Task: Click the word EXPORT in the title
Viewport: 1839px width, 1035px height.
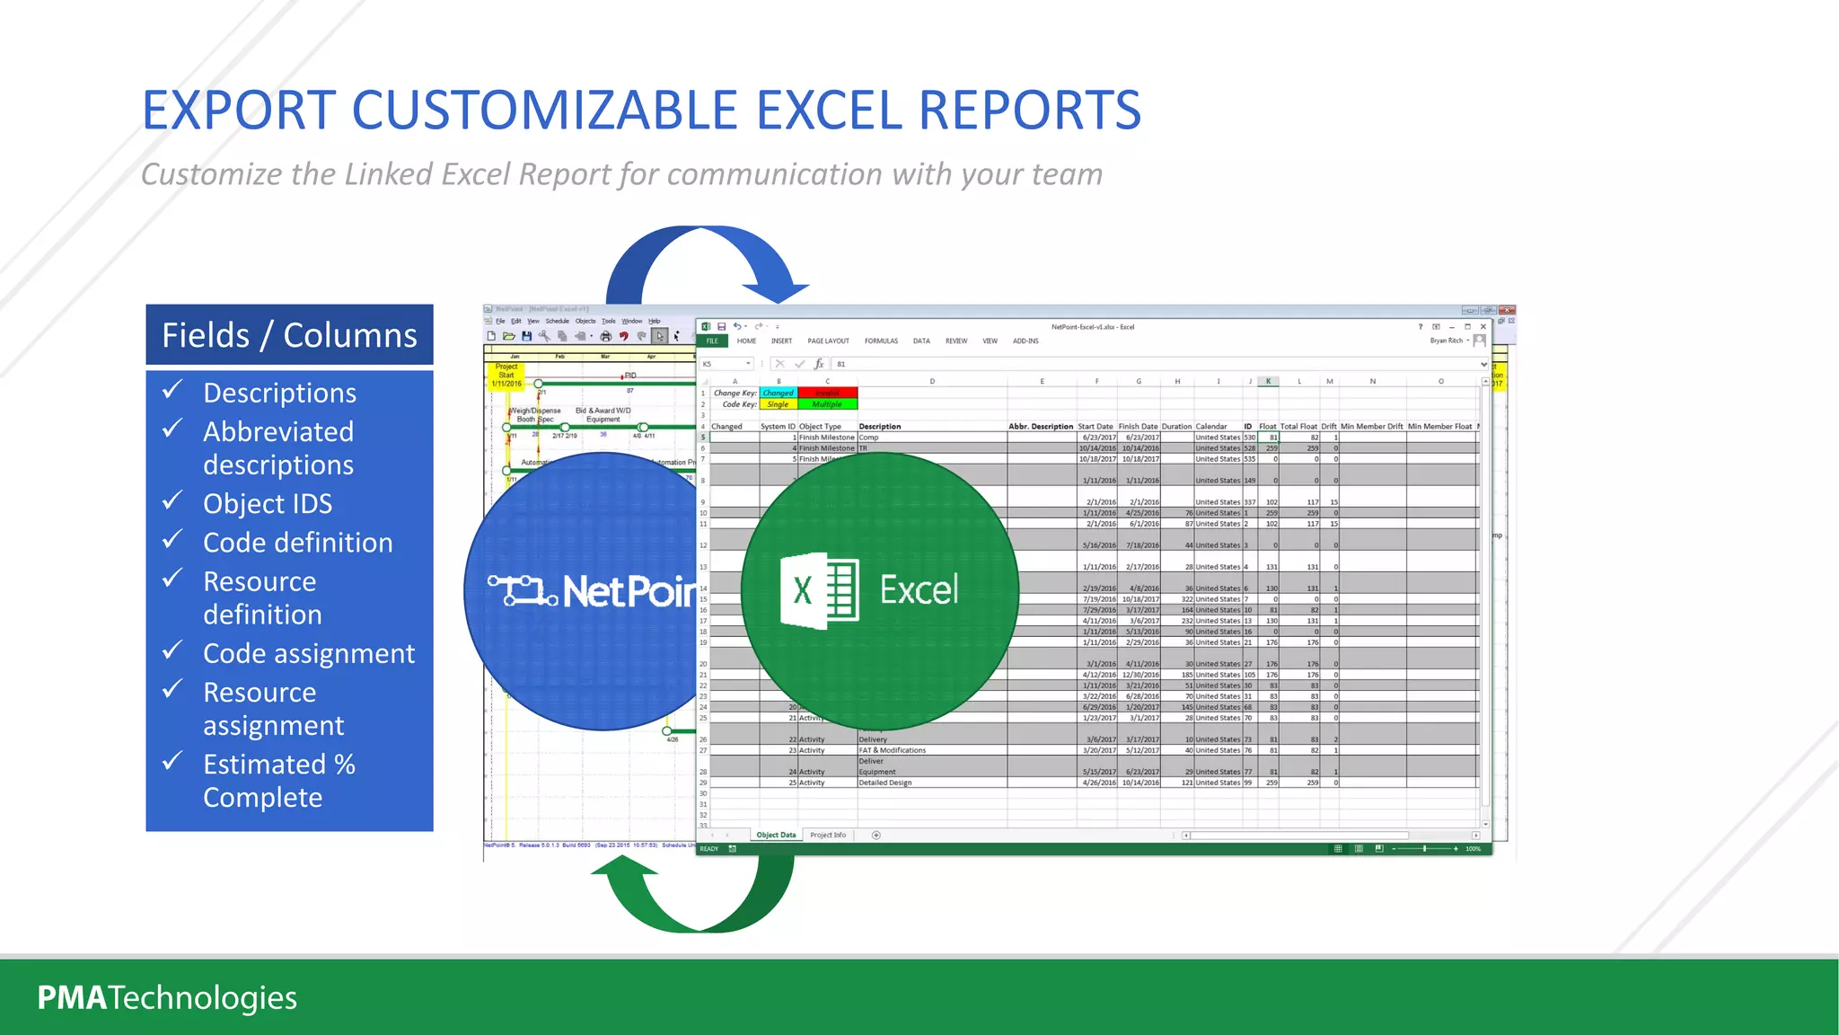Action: click(239, 111)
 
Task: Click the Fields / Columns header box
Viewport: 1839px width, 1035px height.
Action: click(289, 334)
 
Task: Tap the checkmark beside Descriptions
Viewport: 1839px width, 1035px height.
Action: click(172, 390)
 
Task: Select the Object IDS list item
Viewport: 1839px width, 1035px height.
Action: click(267, 503)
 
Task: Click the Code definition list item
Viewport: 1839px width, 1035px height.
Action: click(297, 543)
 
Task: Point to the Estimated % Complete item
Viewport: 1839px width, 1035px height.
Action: click(278, 780)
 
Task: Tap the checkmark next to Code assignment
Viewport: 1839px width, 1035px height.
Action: click(172, 650)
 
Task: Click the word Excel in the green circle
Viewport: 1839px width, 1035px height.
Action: click(918, 590)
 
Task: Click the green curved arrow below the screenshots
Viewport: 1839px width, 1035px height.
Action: click(691, 898)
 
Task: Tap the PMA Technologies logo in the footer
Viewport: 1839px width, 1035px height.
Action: click(167, 997)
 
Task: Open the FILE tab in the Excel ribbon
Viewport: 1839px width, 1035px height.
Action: click(712, 341)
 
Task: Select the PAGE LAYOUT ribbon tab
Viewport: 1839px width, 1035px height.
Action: click(828, 341)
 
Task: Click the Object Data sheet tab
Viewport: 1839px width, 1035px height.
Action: click(776, 835)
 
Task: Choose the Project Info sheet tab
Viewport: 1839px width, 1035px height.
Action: click(828, 835)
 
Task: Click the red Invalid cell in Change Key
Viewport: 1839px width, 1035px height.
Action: click(827, 393)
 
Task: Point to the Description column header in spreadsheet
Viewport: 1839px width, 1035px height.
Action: click(880, 427)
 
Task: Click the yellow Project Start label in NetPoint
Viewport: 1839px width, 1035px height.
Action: click(506, 375)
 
